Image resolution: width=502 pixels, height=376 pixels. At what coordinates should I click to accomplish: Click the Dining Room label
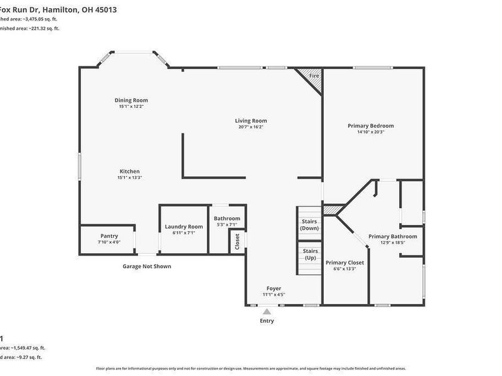[x=131, y=100]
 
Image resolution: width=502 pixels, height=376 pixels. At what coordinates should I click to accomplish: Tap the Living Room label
[x=251, y=121]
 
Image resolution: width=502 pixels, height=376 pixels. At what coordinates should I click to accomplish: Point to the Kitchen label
[x=130, y=171]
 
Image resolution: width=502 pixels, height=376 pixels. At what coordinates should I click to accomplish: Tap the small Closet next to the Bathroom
[x=237, y=242]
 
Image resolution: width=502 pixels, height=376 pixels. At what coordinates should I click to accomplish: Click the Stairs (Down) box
[x=309, y=224]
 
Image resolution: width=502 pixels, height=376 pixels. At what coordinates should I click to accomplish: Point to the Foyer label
[x=274, y=288]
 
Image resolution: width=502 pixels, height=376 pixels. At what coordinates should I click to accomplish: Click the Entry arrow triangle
[x=267, y=311]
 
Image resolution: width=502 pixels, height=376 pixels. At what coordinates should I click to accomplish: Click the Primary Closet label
[x=345, y=263]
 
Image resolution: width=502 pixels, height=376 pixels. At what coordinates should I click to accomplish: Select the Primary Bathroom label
[x=392, y=236]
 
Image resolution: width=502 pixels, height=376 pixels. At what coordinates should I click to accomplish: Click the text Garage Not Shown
[x=146, y=266]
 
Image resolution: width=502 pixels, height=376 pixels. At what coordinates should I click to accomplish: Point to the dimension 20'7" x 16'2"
[x=251, y=127]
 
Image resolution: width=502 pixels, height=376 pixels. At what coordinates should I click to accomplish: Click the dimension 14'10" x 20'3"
[x=371, y=132]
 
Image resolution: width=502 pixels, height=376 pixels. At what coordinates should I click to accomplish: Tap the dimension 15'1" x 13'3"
[x=130, y=177]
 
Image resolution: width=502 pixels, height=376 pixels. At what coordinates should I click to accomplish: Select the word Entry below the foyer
[x=267, y=321]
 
